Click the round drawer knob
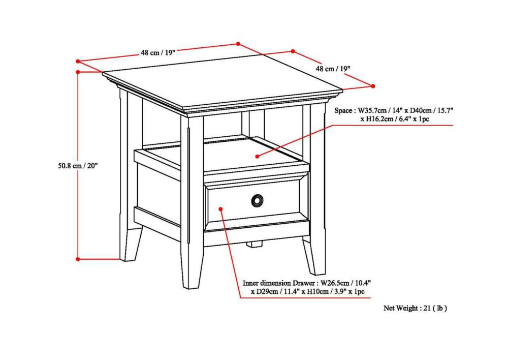pyautogui.click(x=258, y=201)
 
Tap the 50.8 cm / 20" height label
pyautogui.click(x=77, y=165)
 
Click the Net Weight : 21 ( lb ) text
pyautogui.click(x=415, y=308)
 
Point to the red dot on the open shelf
pyautogui.click(x=257, y=156)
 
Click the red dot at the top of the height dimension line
pyautogui.click(x=78, y=73)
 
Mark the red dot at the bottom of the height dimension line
pyautogui.click(x=78, y=259)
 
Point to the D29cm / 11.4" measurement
pyautogui.click(x=277, y=292)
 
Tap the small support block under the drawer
pyautogui.click(x=255, y=244)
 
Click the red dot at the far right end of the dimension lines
pyautogui.click(x=373, y=86)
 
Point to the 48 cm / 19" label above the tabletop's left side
pyautogui.click(x=158, y=52)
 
